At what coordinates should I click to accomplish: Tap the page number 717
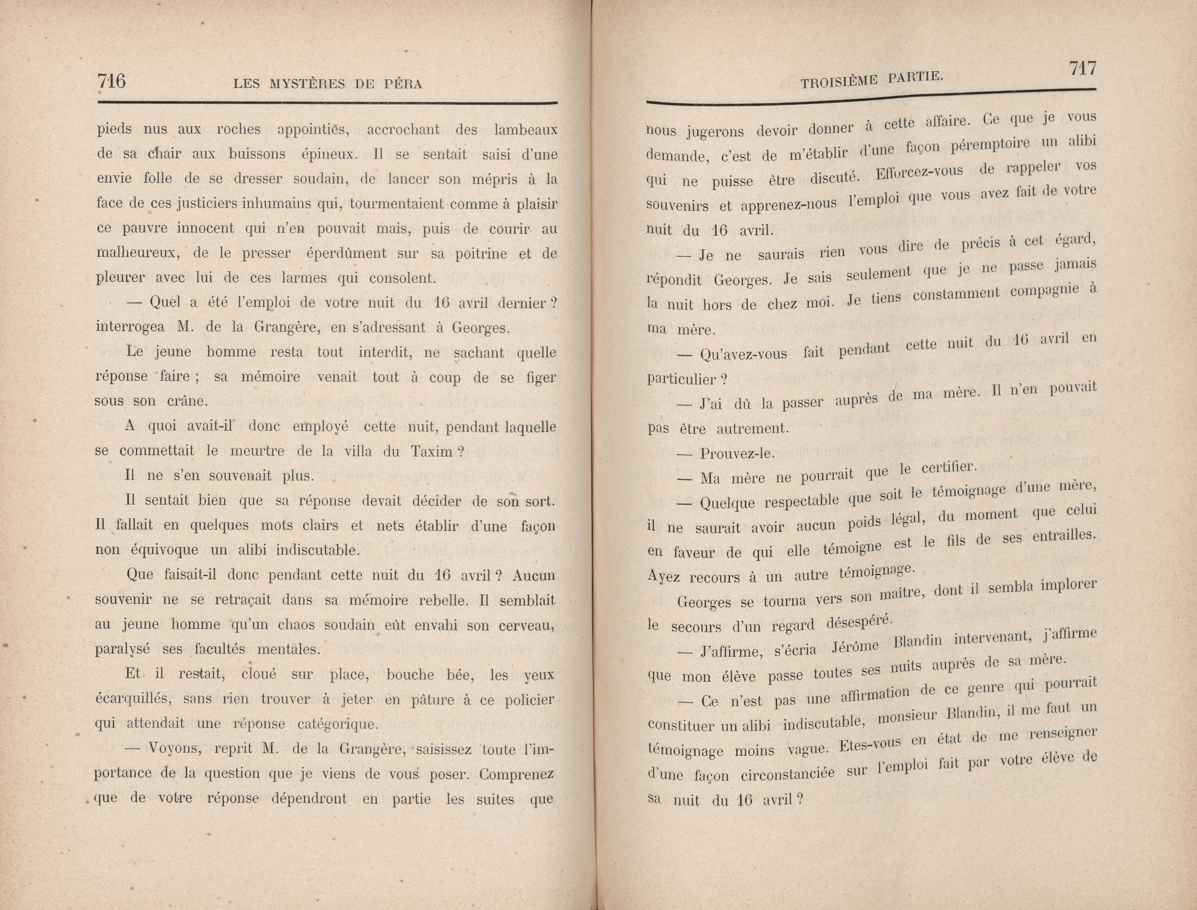(x=1082, y=69)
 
